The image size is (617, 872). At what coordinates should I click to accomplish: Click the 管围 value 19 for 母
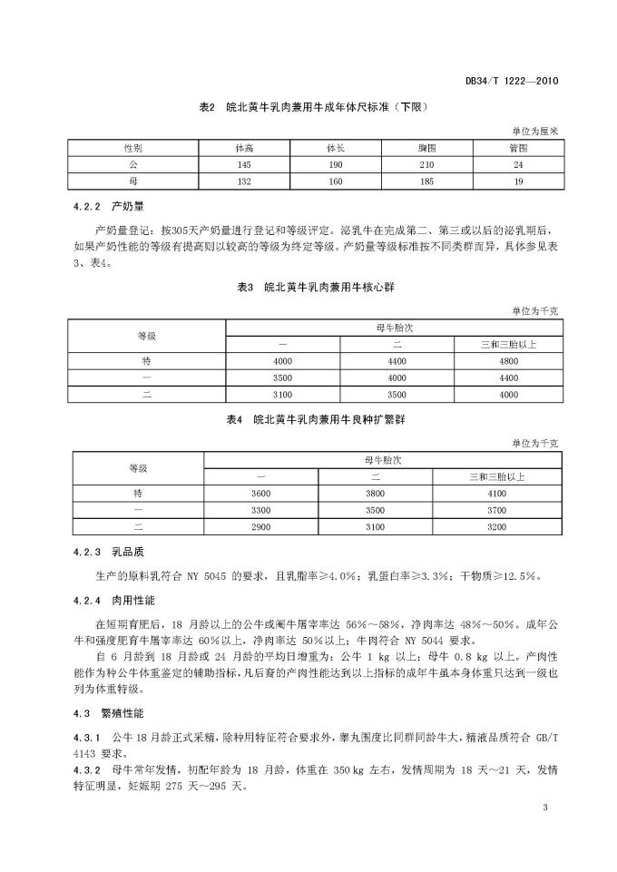[518, 181]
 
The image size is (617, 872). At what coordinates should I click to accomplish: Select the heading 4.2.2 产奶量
[103, 206]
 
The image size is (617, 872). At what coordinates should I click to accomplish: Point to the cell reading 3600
[261, 492]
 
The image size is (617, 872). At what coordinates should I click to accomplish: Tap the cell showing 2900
[261, 525]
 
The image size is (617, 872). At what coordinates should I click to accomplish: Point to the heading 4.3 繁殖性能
[100, 715]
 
